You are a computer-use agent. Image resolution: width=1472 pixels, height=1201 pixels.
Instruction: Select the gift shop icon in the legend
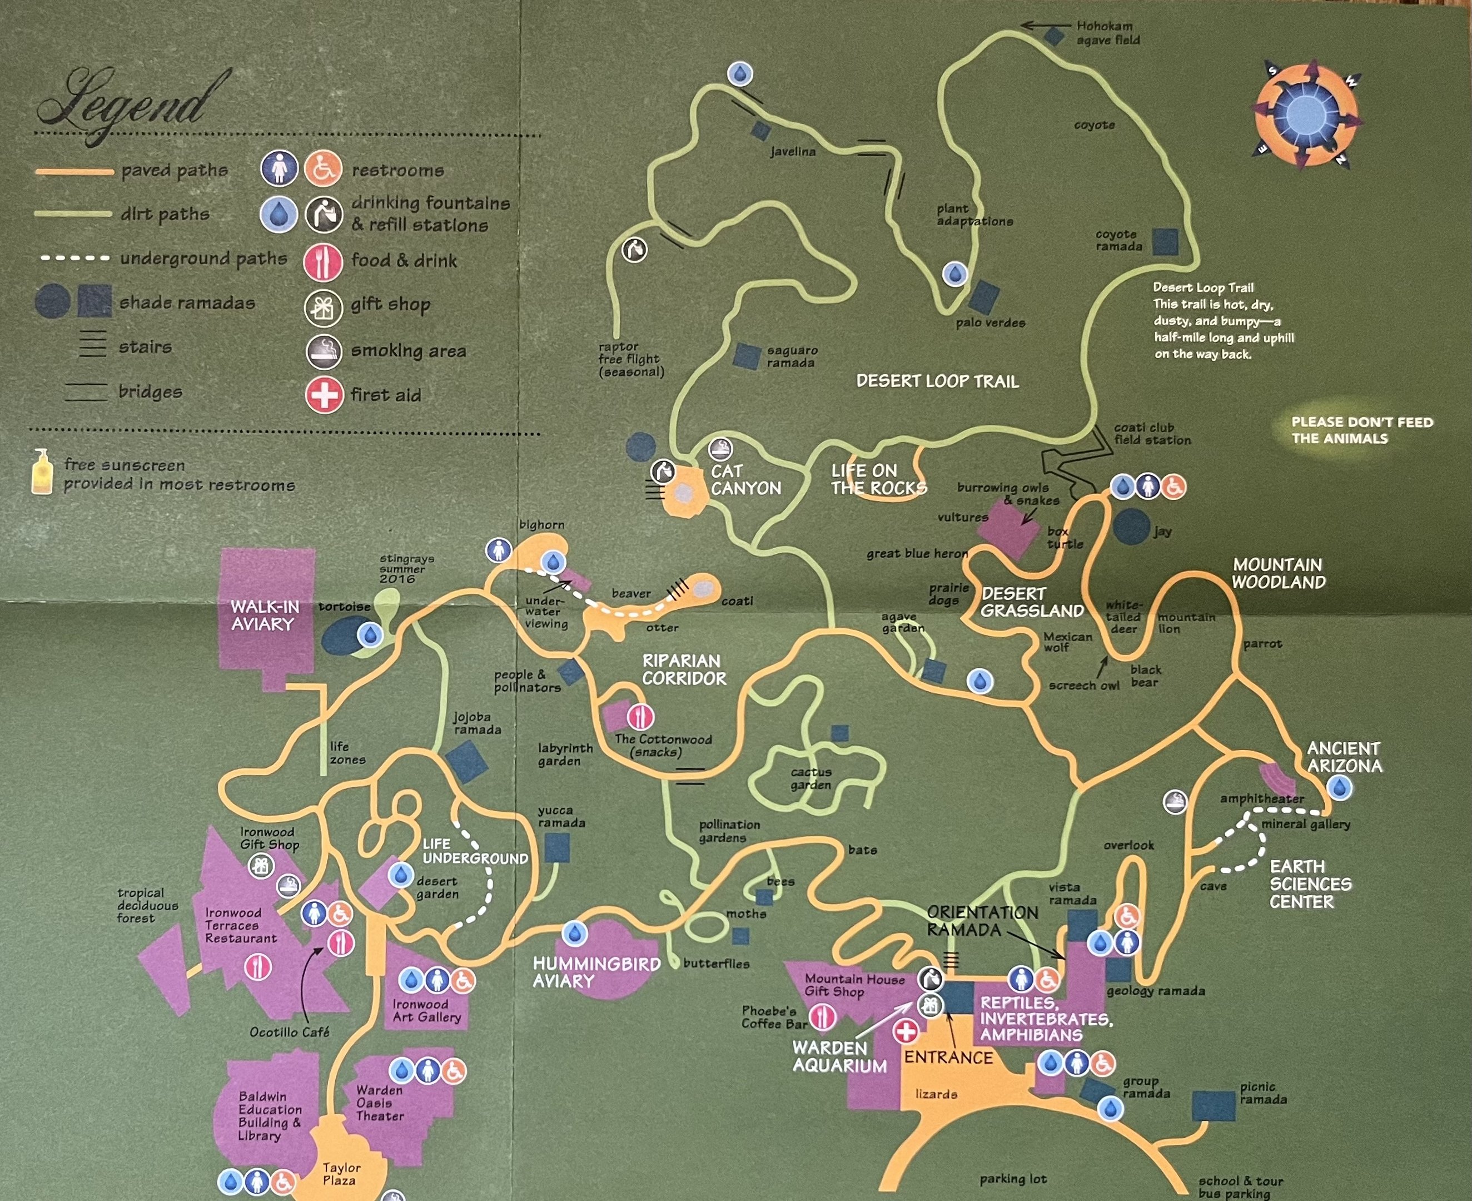(323, 306)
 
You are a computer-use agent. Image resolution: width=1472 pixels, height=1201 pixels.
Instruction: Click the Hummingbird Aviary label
(596, 972)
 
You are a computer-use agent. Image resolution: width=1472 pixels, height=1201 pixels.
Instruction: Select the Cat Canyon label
(745, 479)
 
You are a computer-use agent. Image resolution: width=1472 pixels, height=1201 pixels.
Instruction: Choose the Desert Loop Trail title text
(937, 381)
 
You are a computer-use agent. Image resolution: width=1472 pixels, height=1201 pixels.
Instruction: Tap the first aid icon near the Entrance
(906, 1031)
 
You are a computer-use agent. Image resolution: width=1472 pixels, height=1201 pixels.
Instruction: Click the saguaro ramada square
(747, 356)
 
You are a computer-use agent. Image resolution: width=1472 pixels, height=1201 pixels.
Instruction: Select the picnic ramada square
(1214, 1105)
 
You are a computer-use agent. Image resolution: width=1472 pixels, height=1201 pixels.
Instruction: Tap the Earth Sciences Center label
(1310, 884)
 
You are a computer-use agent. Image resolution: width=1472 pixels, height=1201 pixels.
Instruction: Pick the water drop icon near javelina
(740, 73)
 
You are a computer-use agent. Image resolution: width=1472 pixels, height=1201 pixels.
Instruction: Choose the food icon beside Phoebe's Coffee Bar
(823, 1017)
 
